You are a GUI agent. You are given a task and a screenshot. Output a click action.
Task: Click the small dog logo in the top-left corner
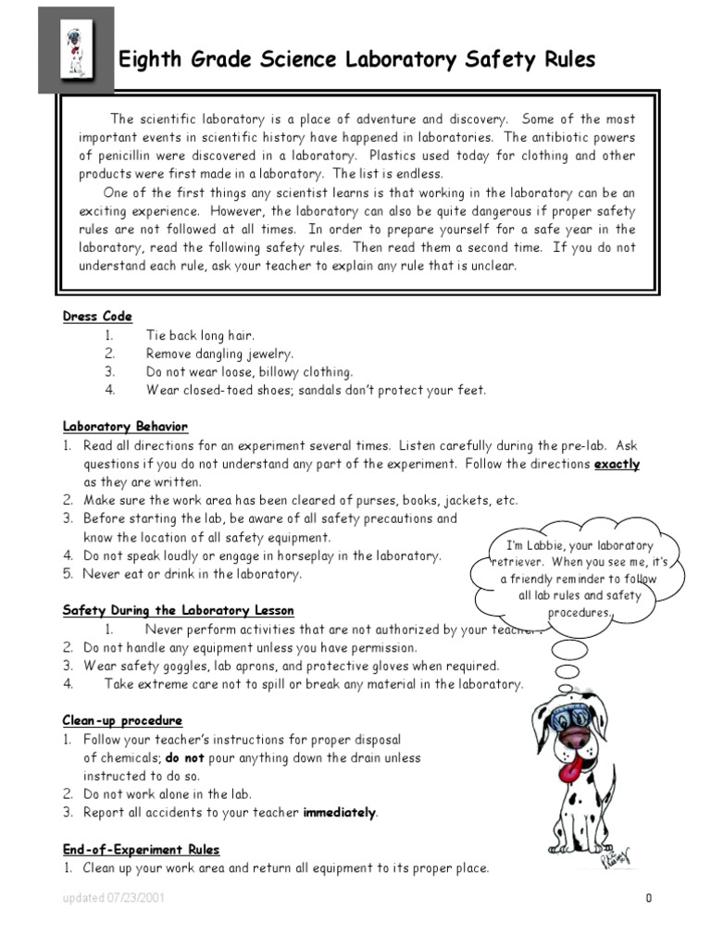coord(75,50)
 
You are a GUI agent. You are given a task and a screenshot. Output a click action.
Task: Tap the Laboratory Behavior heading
coord(125,427)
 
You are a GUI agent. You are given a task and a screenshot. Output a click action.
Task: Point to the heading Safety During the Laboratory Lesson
coord(178,610)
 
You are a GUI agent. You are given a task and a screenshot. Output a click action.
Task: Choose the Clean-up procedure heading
coord(122,720)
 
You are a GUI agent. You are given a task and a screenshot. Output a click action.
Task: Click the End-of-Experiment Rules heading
coord(141,849)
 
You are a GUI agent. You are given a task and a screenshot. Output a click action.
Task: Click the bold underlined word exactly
coord(616,464)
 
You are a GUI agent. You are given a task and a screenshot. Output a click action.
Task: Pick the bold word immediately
coord(340,813)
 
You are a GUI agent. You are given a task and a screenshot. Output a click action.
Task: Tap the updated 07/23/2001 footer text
coord(115,899)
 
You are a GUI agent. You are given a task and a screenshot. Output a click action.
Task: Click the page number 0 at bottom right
coord(650,899)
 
